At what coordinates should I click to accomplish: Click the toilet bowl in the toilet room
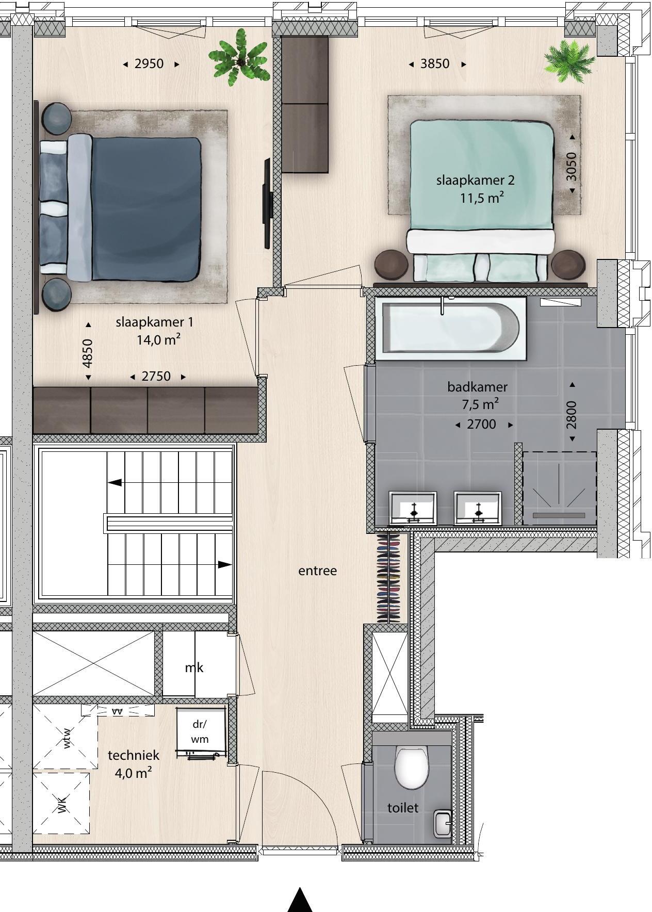click(411, 767)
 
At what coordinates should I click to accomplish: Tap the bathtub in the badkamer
click(451, 328)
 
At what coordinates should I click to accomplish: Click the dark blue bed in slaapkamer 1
click(120, 208)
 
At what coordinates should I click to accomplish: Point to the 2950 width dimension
click(150, 64)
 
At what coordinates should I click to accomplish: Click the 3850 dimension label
click(435, 64)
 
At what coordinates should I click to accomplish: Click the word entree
click(318, 571)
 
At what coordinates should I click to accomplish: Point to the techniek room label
click(134, 755)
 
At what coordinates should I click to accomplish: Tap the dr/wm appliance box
click(201, 731)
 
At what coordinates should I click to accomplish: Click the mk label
click(194, 667)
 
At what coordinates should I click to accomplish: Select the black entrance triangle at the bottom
click(300, 900)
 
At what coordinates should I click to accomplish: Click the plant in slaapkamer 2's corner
click(569, 61)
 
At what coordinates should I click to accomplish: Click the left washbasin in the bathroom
click(413, 508)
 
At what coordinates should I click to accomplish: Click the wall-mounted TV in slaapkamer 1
click(267, 203)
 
